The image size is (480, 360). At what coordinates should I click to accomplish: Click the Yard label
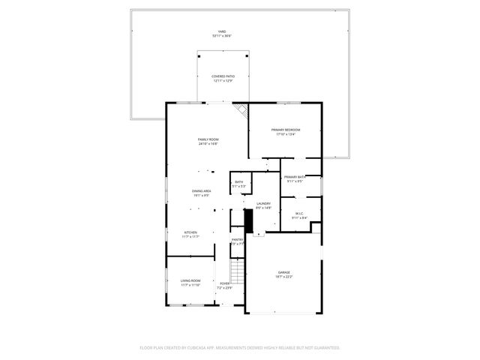[x=221, y=31]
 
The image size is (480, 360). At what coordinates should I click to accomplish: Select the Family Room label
[x=208, y=139]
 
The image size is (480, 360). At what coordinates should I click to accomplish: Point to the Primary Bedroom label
[x=286, y=130]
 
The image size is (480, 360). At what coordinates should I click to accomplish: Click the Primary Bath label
[x=294, y=176]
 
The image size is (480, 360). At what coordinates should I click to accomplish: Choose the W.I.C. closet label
[x=298, y=214]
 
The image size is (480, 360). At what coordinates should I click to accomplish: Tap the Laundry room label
[x=262, y=203]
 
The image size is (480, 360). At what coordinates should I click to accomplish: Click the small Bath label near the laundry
[x=238, y=181]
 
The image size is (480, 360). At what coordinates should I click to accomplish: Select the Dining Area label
[x=201, y=191]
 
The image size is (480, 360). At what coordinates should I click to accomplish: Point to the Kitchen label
[x=190, y=232]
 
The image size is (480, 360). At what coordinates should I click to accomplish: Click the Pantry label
[x=237, y=239]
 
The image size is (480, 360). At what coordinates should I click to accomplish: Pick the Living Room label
[x=190, y=280]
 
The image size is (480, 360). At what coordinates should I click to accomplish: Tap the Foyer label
[x=225, y=283]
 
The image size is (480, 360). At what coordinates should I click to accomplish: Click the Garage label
[x=284, y=272]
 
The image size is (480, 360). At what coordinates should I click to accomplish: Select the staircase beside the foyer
[x=237, y=268]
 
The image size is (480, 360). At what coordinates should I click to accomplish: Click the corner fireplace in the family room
[x=241, y=111]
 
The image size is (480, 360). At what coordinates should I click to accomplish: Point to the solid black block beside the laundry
[x=248, y=220]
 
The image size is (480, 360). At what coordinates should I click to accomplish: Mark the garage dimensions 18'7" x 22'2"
[x=284, y=277]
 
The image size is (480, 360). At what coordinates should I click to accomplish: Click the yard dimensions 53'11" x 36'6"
[x=221, y=36]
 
